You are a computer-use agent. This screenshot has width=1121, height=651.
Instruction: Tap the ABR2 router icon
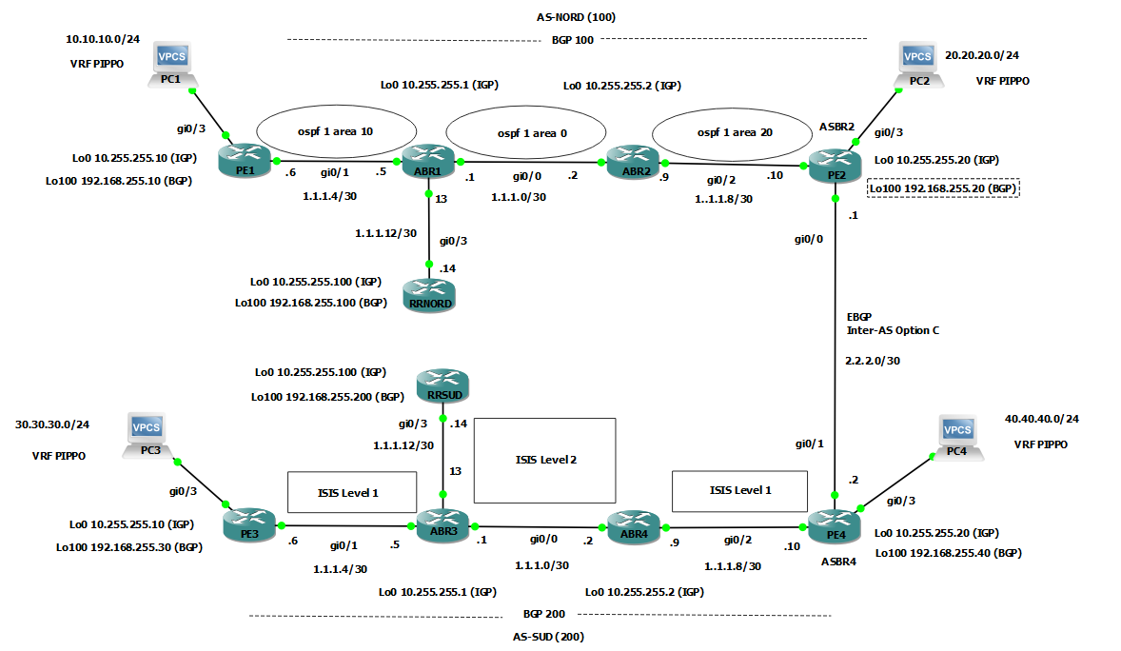click(x=629, y=159)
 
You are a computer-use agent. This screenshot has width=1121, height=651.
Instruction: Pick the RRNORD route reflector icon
click(x=428, y=289)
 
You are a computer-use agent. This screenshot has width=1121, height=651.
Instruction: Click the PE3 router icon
click(x=249, y=522)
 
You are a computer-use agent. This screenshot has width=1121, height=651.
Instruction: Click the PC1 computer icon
click(x=172, y=63)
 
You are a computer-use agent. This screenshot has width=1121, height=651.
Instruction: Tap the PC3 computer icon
click(x=147, y=435)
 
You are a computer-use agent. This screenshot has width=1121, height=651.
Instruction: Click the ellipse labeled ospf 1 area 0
click(x=524, y=132)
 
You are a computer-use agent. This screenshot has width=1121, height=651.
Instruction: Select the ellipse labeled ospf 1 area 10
click(x=322, y=131)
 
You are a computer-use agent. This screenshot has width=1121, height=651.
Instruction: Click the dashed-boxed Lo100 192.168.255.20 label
click(x=942, y=188)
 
